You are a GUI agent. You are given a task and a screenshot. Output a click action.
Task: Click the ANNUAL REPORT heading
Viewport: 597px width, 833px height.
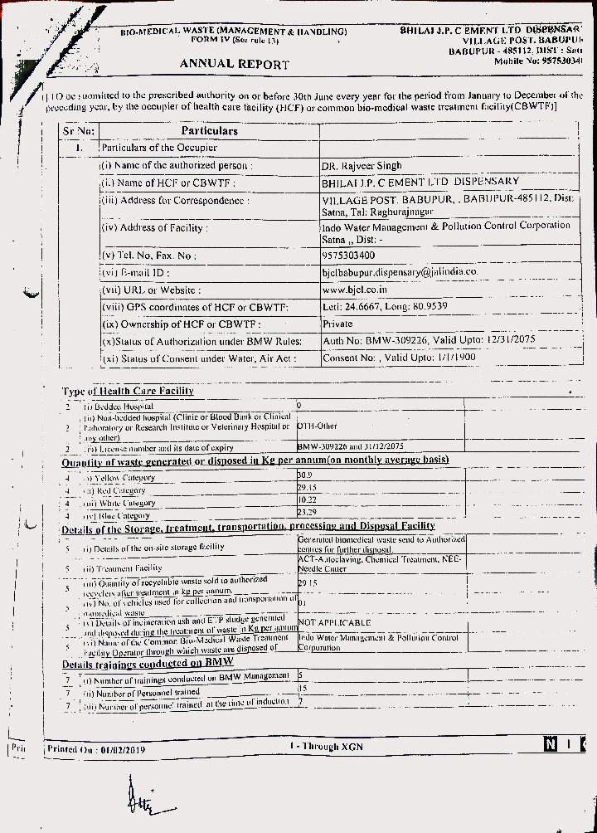[x=234, y=64]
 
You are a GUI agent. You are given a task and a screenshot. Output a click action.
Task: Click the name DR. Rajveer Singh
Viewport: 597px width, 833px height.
[x=361, y=165]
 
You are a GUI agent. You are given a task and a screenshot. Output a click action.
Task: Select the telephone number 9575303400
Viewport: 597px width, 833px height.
[x=347, y=256]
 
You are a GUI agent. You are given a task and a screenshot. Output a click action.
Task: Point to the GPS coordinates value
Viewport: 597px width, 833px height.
[x=384, y=307]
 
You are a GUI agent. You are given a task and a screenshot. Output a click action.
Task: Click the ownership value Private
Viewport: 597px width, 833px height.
[x=337, y=324]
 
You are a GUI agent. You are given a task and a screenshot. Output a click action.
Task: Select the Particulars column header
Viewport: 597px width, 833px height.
[x=209, y=130]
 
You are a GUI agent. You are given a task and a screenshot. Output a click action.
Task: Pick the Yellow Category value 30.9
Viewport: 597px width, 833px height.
[x=304, y=475]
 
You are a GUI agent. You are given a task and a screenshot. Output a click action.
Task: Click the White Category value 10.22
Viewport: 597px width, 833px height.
[x=307, y=500]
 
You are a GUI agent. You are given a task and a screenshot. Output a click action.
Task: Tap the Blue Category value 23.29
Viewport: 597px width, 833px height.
[x=307, y=514]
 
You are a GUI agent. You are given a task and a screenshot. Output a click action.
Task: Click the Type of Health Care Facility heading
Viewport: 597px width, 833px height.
[x=128, y=391]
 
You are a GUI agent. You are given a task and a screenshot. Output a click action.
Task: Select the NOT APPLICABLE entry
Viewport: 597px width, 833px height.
[x=334, y=622]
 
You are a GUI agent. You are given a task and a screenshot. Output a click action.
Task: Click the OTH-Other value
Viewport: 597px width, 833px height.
[x=317, y=426]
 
